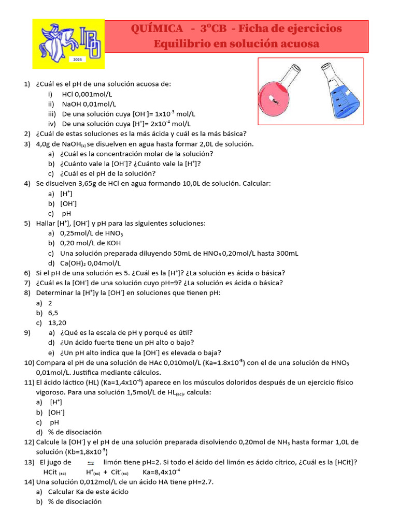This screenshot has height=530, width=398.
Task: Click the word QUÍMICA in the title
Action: pos(157,28)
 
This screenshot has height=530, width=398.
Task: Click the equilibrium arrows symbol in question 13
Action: pos(91,463)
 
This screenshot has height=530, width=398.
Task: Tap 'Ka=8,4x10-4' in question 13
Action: pos(161,472)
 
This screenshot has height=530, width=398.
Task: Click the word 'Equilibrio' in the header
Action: pos(177,44)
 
